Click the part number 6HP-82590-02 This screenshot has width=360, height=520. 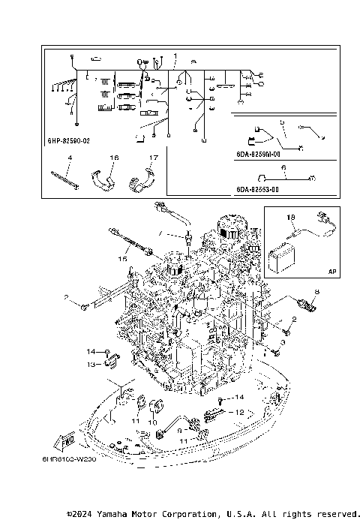coord(68,140)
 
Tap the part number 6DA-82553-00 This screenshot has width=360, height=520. coord(256,189)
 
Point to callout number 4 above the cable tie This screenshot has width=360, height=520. coord(69,158)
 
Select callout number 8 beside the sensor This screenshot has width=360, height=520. coord(317,291)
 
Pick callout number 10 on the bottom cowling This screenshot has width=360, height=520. coord(151,423)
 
